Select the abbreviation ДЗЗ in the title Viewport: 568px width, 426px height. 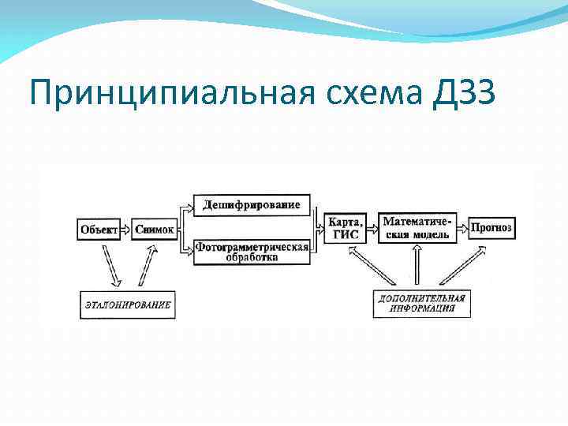464,95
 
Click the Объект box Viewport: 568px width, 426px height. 99,229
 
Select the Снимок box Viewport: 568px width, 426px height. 155,229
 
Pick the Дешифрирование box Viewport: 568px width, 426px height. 251,205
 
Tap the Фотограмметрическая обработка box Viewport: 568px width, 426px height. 251,252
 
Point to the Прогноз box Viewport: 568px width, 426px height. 491,228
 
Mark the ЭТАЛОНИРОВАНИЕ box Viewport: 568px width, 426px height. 126,304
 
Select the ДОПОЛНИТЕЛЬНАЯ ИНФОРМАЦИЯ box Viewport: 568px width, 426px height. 421,304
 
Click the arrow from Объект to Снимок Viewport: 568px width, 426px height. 126,229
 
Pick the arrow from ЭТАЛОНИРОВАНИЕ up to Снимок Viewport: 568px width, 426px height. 147,265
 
